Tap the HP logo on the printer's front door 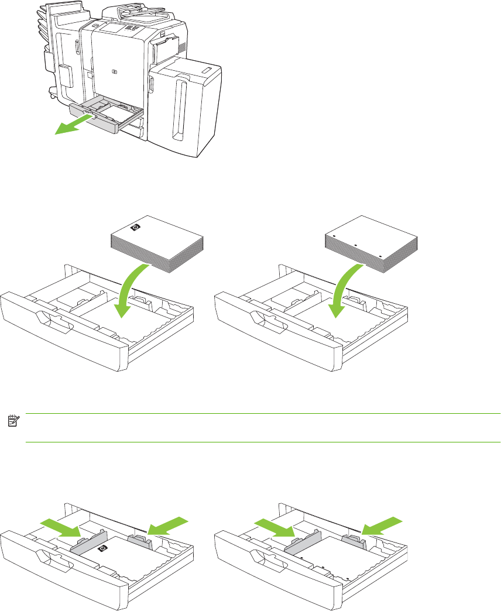pyautogui.click(x=114, y=72)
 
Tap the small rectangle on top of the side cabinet pyautogui.click(x=208, y=70)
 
